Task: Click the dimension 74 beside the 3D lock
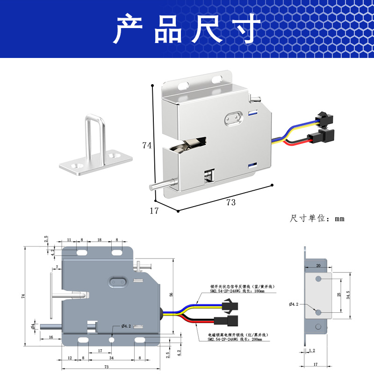[147, 145]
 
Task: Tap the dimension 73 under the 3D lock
[231, 202]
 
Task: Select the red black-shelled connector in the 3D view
[324, 137]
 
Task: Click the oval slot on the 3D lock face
[233, 119]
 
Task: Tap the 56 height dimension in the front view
[171, 295]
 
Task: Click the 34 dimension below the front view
[111, 359]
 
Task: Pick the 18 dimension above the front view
[99, 240]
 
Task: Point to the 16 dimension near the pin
[50, 337]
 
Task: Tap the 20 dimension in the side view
[318, 265]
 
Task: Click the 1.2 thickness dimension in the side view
[312, 350]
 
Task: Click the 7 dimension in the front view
[57, 267]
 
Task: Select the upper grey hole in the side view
[318, 279]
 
